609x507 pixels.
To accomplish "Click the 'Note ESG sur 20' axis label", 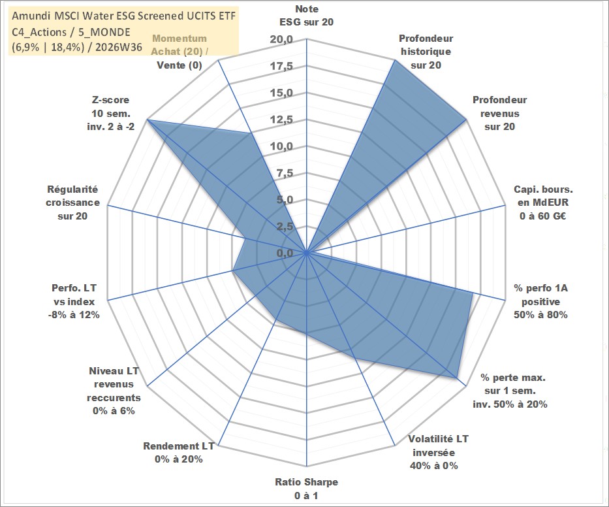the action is coord(306,16).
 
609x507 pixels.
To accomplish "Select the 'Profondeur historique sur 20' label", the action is coord(426,52).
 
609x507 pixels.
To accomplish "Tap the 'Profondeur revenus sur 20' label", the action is coord(499,113).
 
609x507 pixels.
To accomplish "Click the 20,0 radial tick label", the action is coord(281,40).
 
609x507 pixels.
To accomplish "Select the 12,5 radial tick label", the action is coord(281,120).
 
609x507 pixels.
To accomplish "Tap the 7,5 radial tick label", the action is coord(285,173).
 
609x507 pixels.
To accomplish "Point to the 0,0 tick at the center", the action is coord(285,253).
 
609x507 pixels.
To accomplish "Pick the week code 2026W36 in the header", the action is coord(119,48).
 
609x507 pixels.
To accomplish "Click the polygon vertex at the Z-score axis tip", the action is coord(147,120).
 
